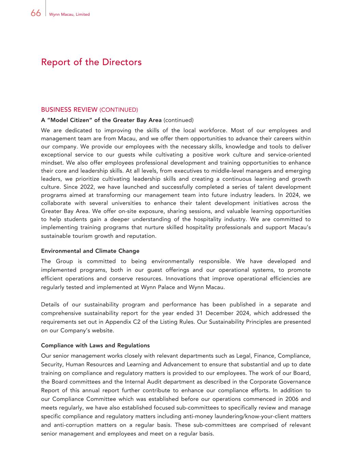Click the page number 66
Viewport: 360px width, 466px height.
[x=35, y=13]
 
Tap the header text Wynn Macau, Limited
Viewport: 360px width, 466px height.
[x=69, y=14]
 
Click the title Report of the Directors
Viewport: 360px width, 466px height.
[x=91, y=62]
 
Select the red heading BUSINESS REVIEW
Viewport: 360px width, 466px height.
[x=69, y=110]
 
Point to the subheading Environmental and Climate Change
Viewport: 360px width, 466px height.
[x=90, y=251]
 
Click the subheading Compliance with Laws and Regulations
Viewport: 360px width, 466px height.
[x=95, y=345]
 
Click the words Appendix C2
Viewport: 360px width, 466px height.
[x=122, y=322]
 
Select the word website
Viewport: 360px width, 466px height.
[x=102, y=330]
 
